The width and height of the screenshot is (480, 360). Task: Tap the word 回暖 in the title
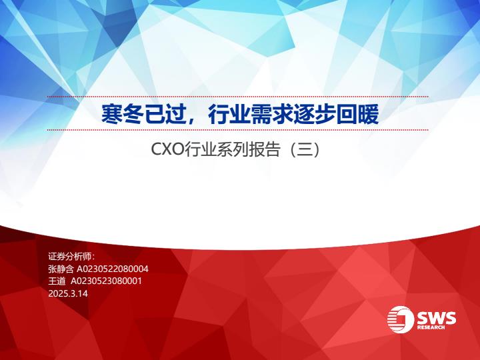(357, 114)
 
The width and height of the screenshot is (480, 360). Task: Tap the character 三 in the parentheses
(304, 150)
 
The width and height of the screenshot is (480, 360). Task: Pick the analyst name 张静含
(61, 269)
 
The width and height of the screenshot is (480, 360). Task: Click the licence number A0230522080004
(113, 269)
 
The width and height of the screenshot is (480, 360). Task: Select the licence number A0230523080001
(106, 281)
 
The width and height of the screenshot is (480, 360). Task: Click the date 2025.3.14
(68, 293)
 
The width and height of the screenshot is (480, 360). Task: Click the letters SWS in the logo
(436, 318)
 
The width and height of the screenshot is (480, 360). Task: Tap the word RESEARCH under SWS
(431, 327)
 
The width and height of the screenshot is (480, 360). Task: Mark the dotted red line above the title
(237, 97)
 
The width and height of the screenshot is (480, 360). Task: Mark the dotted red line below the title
(237, 130)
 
